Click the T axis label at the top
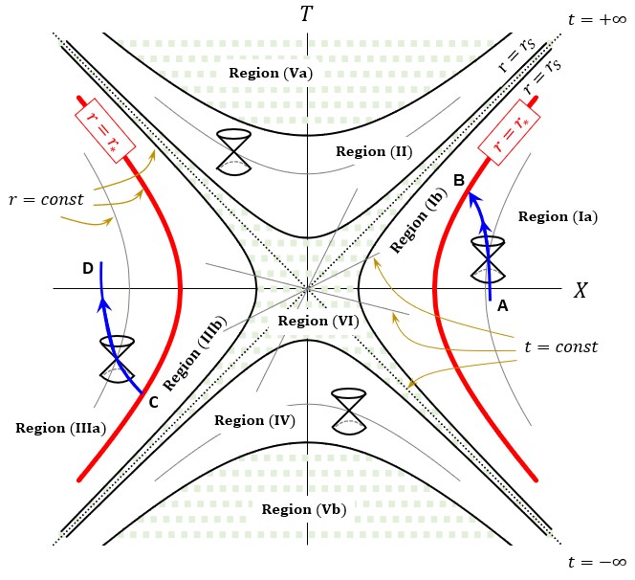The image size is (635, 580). [x=306, y=14]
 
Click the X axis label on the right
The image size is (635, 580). [x=580, y=291]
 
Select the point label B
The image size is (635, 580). [x=459, y=180]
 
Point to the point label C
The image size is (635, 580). [x=152, y=402]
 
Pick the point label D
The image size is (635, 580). [x=87, y=269]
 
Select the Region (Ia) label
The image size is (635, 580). [x=558, y=216]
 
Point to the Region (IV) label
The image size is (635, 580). [x=253, y=420]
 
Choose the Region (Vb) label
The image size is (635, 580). [x=304, y=508]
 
